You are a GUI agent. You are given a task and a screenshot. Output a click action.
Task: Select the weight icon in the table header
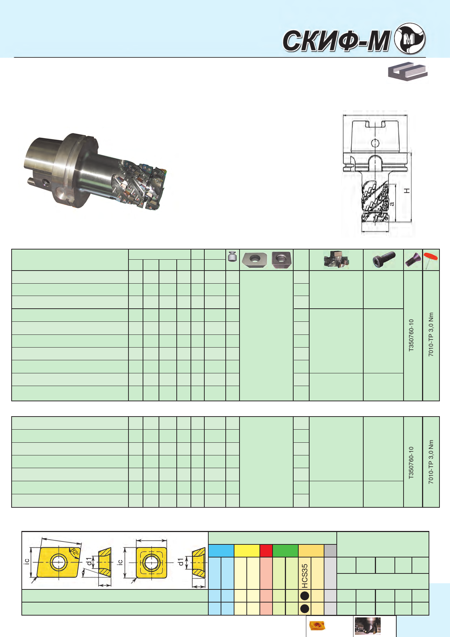(232, 257)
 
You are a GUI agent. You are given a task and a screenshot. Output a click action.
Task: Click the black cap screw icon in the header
(384, 259)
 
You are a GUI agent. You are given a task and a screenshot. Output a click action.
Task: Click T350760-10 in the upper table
(411, 335)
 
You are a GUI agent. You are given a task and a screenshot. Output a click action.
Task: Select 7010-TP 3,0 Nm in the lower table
(431, 462)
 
